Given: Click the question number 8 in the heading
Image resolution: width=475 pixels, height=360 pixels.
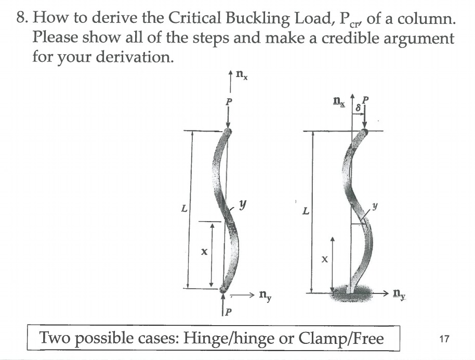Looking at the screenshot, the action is [21, 19].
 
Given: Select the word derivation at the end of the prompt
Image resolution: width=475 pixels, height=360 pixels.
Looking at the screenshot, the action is [136, 57].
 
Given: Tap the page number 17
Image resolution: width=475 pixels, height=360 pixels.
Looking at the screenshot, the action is [443, 339].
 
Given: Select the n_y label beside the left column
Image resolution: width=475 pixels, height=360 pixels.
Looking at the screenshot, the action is [265, 297].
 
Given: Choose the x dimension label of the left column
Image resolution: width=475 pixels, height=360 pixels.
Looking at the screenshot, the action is [204, 252].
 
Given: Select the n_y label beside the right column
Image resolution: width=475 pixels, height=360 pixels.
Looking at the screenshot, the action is [399, 294].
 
